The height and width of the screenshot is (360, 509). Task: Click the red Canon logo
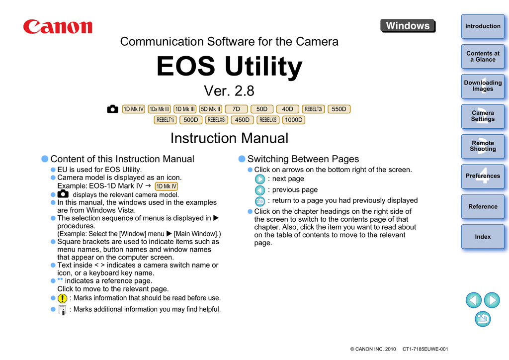point(58,26)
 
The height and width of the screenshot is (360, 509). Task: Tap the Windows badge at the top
point(408,26)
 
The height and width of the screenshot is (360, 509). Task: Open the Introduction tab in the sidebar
point(482,26)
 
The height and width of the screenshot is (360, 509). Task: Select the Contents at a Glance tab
point(482,57)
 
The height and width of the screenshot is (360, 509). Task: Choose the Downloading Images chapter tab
point(482,86)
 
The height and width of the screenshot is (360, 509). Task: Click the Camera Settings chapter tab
point(482,116)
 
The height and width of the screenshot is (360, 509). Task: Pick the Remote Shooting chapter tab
point(482,146)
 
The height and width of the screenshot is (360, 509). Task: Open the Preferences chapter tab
point(482,176)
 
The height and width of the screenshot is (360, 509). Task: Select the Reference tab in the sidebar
point(482,207)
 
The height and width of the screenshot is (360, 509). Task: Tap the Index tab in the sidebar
point(482,237)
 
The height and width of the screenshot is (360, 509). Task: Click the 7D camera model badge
point(236,109)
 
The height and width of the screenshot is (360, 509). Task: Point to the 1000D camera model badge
point(294,120)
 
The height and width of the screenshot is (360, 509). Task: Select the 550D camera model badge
point(339,109)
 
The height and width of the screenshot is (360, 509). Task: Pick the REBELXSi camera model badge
point(217,120)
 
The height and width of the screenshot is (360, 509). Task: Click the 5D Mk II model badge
point(211,109)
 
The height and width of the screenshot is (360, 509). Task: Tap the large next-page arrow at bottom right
point(492,300)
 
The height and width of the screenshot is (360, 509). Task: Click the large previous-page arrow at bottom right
point(474,300)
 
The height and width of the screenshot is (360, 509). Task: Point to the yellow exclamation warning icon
point(62,298)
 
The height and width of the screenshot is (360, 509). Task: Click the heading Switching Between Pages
point(303,159)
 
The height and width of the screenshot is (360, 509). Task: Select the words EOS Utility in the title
point(229,67)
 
